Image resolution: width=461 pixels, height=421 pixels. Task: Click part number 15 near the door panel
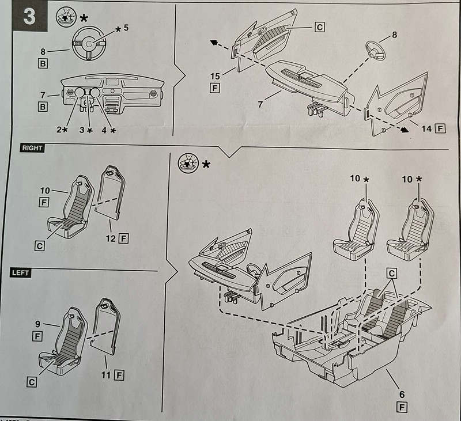tap(214, 76)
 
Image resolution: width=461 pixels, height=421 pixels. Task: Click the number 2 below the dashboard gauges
tap(59, 130)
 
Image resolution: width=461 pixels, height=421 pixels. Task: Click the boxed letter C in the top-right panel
tap(320, 26)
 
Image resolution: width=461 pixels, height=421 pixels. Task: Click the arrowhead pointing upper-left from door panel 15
tap(213, 43)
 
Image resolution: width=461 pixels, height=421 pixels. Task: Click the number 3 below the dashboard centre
tap(82, 130)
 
